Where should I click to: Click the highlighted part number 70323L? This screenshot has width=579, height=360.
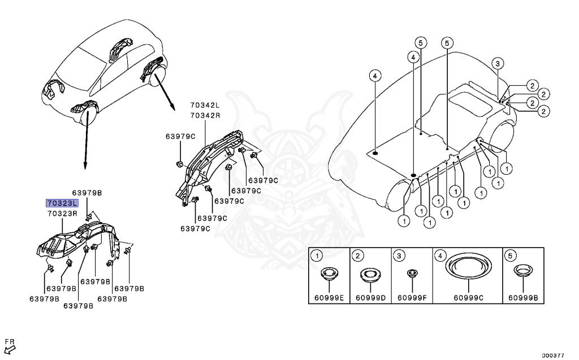[x=63, y=203]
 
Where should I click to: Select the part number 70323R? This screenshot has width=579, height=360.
[x=63, y=214]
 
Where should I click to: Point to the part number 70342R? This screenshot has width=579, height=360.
[x=205, y=115]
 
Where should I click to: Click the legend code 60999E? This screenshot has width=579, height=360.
[x=329, y=297]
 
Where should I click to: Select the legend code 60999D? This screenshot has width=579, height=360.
[x=371, y=297]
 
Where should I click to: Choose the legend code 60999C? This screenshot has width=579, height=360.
[x=470, y=297]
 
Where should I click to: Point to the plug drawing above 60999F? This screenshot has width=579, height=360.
[x=413, y=274]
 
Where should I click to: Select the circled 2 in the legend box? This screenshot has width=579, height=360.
[x=358, y=256]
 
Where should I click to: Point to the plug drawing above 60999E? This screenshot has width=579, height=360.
[x=329, y=275]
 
